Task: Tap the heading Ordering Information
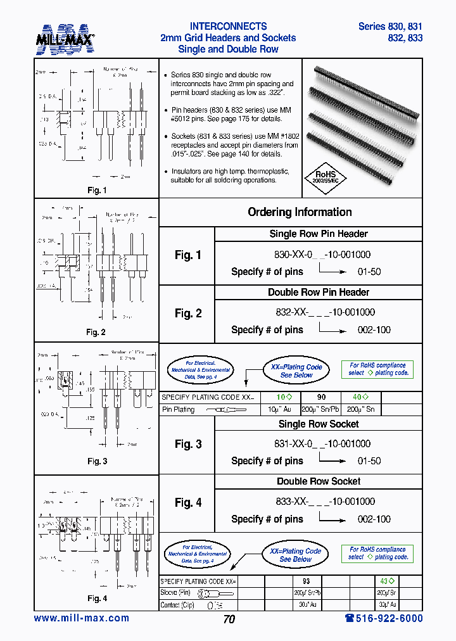pyautogui.click(x=300, y=212)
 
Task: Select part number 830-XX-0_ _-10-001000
pyautogui.click(x=319, y=255)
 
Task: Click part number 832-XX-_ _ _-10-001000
pyautogui.click(x=319, y=312)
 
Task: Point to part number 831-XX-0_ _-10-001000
pyautogui.click(x=319, y=444)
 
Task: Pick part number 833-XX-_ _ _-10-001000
pyautogui.click(x=319, y=501)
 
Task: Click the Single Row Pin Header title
pyautogui.click(x=319, y=234)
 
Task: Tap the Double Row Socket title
pyautogui.click(x=319, y=481)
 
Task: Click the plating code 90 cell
pyautogui.click(x=320, y=397)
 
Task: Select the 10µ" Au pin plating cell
pyautogui.click(x=279, y=410)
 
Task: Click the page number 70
pyautogui.click(x=229, y=619)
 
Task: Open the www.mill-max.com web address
pyautogui.click(x=81, y=618)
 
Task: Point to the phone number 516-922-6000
pyautogui.click(x=384, y=618)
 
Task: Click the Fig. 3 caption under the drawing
pyautogui.click(x=97, y=461)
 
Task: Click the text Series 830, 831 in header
pyautogui.click(x=390, y=27)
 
